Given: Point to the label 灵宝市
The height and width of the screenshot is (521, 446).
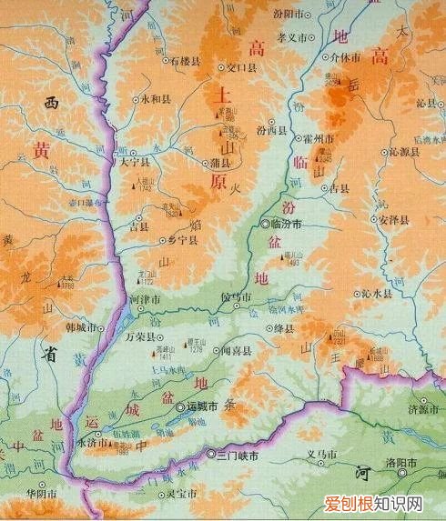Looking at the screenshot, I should [x=181, y=494].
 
